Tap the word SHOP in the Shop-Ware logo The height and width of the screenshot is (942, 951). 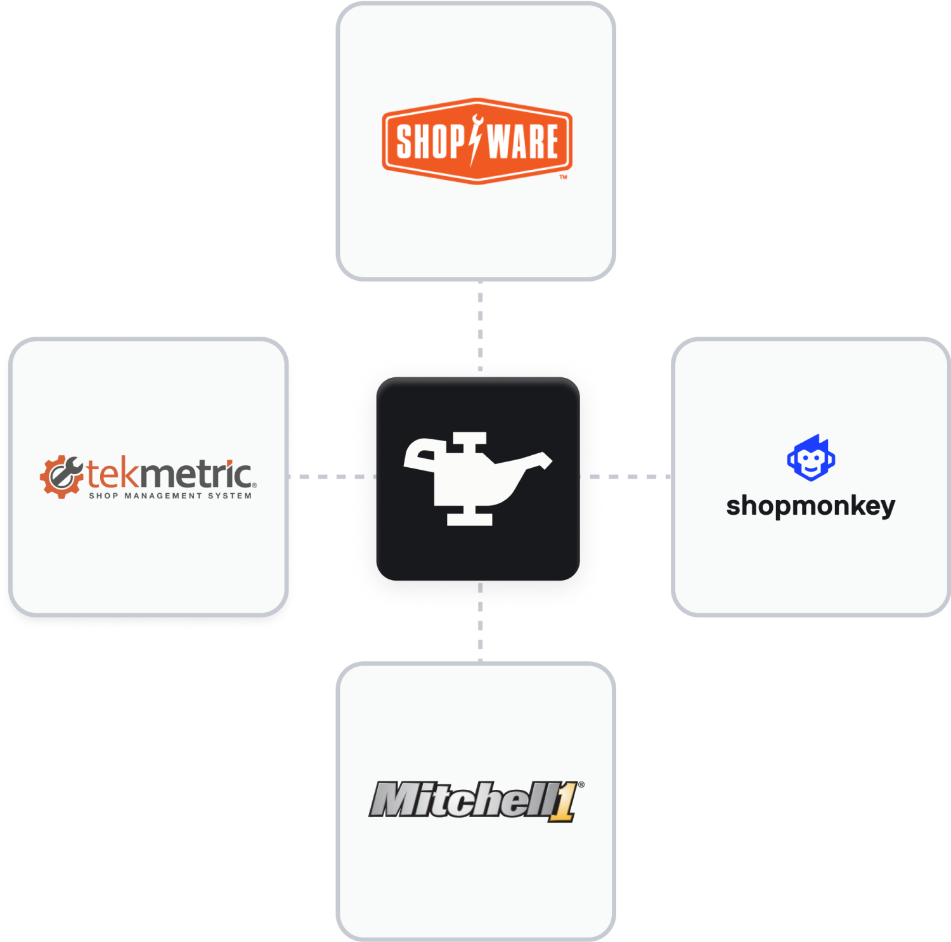429,141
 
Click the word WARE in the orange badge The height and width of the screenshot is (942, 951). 524,141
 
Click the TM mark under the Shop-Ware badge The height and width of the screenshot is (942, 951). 563,177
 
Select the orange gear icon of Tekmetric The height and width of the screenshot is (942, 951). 61,476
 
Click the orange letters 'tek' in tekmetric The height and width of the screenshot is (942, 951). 112,474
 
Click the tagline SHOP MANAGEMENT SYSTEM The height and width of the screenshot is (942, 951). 170,496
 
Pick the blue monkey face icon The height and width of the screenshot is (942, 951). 811,458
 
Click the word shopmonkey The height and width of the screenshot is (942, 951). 810,506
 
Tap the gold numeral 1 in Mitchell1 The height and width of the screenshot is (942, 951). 563,803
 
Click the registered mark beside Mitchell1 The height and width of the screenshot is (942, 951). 581,785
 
